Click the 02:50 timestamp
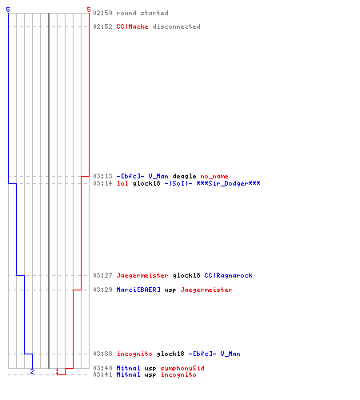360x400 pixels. click(x=102, y=13)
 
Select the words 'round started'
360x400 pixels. click(x=142, y=13)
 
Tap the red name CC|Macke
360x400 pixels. click(x=132, y=26)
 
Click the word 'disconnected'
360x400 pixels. click(x=176, y=26)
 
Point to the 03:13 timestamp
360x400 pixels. click(x=102, y=176)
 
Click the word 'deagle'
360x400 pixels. click(x=184, y=176)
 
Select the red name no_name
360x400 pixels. click(x=214, y=176)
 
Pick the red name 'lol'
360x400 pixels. click(x=122, y=183)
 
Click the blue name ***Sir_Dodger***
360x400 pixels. click(x=228, y=183)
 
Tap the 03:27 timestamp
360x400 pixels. click(x=102, y=275)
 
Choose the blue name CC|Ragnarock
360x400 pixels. click(x=228, y=275)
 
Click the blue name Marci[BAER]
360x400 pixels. click(x=138, y=290)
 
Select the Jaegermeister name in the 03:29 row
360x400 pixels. click(x=206, y=290)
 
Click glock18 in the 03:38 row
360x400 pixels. click(x=170, y=354)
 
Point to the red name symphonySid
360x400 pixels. click(x=182, y=368)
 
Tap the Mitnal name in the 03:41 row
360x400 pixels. click(x=128, y=374)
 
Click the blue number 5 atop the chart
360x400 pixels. click(x=8, y=10)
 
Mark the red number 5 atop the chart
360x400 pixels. click(x=89, y=10)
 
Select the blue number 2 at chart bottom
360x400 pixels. click(x=32, y=371)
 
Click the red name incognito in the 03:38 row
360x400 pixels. click(x=134, y=354)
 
